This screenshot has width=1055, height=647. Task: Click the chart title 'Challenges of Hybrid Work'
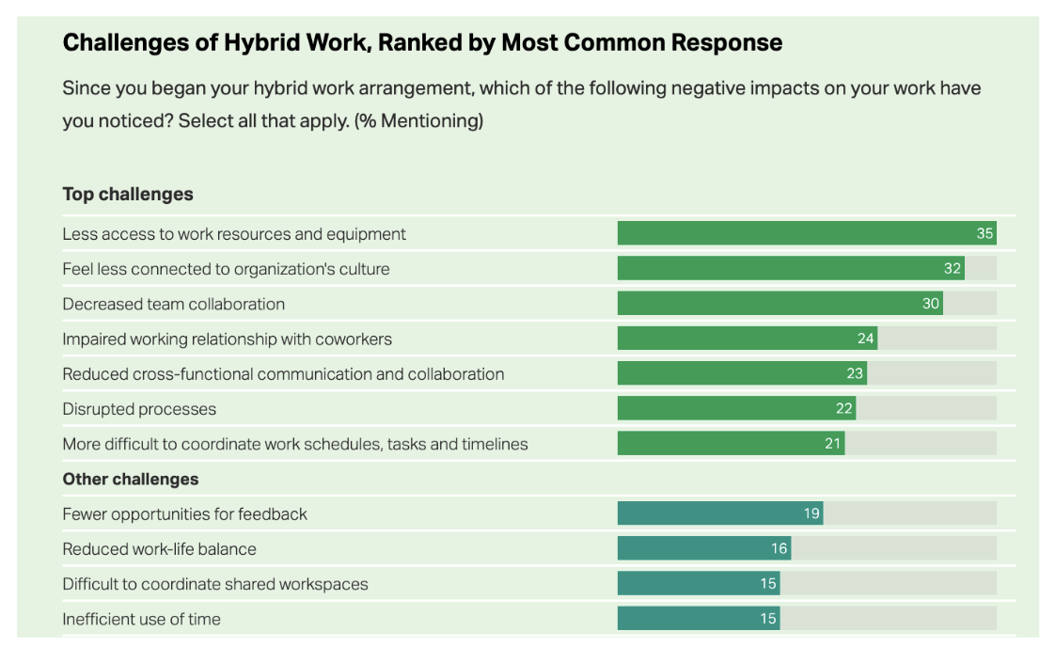pyautogui.click(x=422, y=42)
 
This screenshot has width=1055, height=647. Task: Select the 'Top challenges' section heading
pyautogui.click(x=128, y=195)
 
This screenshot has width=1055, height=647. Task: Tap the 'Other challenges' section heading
pyautogui.click(x=131, y=479)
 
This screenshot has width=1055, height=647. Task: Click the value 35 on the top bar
pyautogui.click(x=984, y=233)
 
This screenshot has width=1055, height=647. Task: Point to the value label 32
pyautogui.click(x=953, y=269)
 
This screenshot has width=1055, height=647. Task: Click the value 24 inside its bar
pyautogui.click(x=865, y=339)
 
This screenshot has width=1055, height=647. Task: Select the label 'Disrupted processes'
pyautogui.click(x=139, y=409)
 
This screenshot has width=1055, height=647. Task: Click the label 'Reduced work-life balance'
pyautogui.click(x=159, y=549)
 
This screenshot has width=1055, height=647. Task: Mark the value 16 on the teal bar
pyautogui.click(x=779, y=549)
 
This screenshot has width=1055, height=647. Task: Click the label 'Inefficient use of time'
pyautogui.click(x=141, y=619)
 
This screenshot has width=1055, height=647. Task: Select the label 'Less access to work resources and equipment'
pyautogui.click(x=234, y=234)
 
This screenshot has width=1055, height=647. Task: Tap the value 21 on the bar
pyautogui.click(x=832, y=444)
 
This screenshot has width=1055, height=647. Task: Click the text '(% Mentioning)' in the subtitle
pyautogui.click(x=418, y=121)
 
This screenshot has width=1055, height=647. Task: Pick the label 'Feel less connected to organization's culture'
pyautogui.click(x=226, y=269)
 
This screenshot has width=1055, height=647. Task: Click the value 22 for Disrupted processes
pyautogui.click(x=843, y=409)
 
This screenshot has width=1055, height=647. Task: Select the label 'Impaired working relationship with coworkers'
pyautogui.click(x=227, y=339)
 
